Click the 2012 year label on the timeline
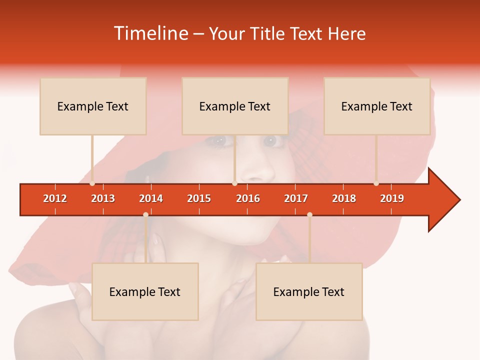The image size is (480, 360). coord(55,198)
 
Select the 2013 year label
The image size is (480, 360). coord(103,198)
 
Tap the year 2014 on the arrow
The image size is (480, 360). coord(151,198)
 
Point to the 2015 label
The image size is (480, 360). coord(199,198)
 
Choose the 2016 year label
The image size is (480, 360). coord(248,198)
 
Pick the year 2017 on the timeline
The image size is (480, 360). coord(296,198)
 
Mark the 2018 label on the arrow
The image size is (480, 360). coord(344,198)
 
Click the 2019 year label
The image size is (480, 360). coord(392,198)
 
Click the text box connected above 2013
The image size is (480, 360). coord(93,106)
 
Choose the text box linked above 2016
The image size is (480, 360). coord(235,106)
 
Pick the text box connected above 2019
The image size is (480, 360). coord(377,106)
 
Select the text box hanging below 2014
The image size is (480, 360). coord(145,292)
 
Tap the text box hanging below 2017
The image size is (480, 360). coord(309,292)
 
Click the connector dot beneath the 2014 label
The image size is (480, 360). coord(145,214)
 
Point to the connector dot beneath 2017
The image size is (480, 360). coord(309,214)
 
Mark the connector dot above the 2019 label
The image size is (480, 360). coord(376,183)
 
